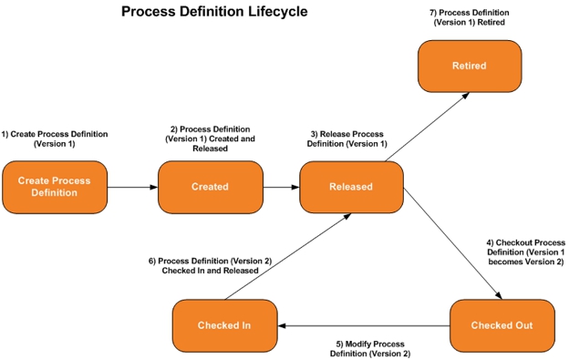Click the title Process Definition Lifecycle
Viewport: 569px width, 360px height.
click(214, 12)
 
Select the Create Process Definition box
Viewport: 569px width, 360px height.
click(55, 187)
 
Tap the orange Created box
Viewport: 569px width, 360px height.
click(210, 187)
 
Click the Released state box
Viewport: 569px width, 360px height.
click(351, 187)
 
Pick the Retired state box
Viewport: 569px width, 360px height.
click(470, 66)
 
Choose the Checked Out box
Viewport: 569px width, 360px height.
click(502, 325)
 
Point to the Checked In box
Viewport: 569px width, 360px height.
click(224, 325)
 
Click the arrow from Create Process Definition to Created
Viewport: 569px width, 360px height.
click(132, 187)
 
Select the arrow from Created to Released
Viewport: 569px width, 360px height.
click(282, 187)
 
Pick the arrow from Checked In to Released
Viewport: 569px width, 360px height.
click(286, 256)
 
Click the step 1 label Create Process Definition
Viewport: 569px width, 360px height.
click(55, 139)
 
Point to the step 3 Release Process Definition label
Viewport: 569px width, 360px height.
click(347, 139)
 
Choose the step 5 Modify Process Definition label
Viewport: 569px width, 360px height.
click(370, 348)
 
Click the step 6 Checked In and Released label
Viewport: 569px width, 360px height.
click(210, 265)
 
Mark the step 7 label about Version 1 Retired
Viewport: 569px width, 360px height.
click(469, 17)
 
